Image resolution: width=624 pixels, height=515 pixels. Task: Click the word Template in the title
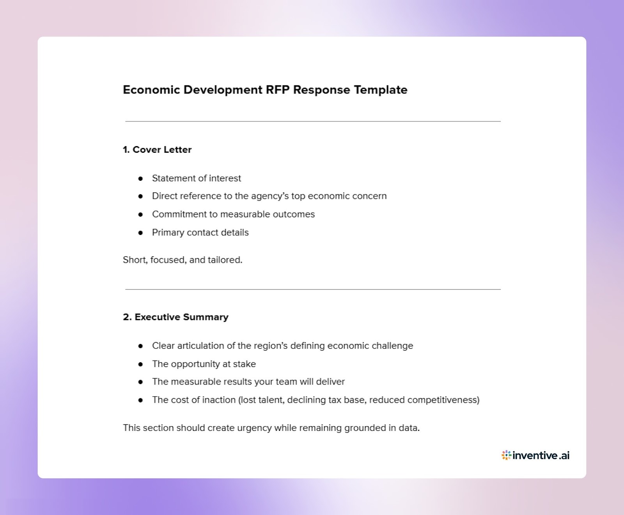click(381, 90)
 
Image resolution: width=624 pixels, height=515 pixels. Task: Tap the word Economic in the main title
click(151, 90)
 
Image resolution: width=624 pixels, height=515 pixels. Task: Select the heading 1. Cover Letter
click(157, 150)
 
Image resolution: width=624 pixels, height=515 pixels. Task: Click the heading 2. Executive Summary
click(175, 317)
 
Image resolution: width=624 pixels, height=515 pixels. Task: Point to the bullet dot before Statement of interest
click(140, 178)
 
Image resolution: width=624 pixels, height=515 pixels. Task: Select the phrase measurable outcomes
click(268, 214)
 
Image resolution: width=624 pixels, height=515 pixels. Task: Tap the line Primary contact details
click(200, 233)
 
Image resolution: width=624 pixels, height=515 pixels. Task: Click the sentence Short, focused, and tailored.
click(183, 260)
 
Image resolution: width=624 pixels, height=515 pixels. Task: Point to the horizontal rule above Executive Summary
click(313, 289)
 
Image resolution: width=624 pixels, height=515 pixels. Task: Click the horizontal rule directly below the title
click(313, 122)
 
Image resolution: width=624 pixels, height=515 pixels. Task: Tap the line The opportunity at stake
click(204, 364)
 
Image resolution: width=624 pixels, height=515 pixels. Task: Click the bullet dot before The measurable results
click(140, 382)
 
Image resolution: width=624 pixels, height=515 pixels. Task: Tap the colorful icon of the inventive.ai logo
click(506, 455)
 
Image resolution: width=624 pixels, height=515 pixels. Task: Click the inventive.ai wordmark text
click(541, 455)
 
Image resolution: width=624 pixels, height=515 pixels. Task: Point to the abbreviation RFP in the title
click(278, 90)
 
